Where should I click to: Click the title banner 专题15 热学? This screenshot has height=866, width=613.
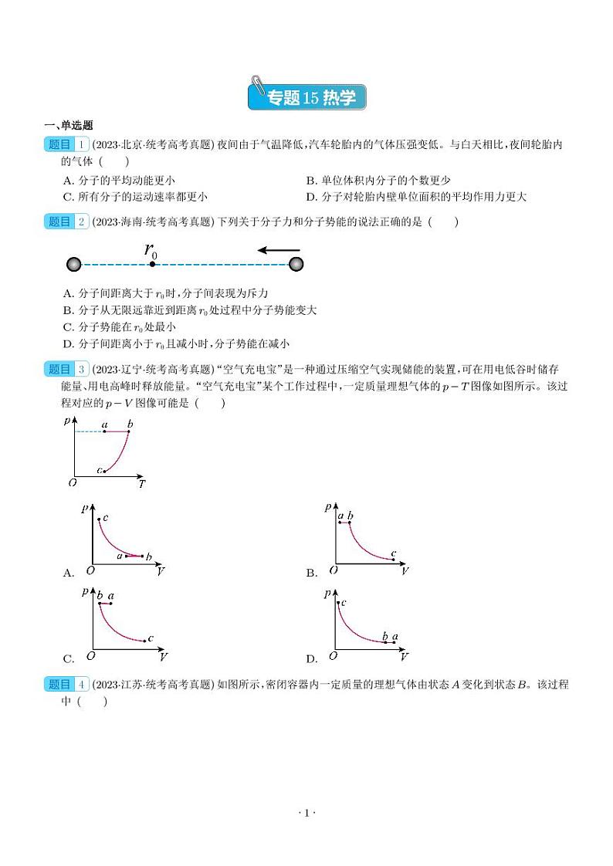[x=306, y=97]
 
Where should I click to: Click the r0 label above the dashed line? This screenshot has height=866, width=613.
[x=151, y=249]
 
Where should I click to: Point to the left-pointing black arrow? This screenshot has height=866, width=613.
[x=279, y=250]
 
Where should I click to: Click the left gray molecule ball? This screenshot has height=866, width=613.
[x=74, y=265]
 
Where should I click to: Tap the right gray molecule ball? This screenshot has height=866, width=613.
[x=296, y=265]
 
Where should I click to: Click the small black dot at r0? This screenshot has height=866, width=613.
[x=153, y=265]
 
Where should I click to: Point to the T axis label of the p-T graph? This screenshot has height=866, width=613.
[x=142, y=485]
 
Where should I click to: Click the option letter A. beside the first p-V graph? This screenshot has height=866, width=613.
[x=69, y=573]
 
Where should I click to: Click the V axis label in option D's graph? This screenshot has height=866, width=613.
[x=405, y=657]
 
